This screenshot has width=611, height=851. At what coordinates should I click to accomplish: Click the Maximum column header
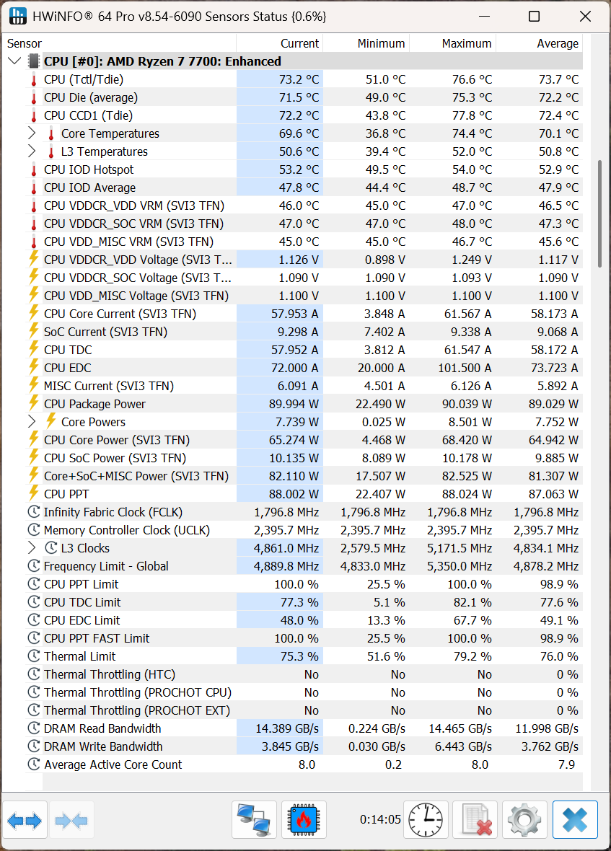(467, 43)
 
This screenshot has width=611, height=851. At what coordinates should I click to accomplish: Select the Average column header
(558, 43)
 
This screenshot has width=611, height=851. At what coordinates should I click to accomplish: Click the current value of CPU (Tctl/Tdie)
(299, 79)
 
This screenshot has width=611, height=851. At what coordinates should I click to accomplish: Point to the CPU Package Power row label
(94, 404)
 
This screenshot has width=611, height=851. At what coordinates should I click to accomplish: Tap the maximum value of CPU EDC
(465, 368)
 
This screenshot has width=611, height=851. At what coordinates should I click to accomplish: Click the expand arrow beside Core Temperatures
(32, 133)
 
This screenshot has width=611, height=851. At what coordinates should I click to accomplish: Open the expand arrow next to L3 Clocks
(32, 547)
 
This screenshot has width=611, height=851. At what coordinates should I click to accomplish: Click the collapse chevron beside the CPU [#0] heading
(15, 61)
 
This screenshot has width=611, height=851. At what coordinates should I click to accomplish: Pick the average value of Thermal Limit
(559, 656)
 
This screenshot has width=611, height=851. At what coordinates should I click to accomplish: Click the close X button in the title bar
(585, 17)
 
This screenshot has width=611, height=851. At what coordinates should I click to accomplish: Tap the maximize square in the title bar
(534, 17)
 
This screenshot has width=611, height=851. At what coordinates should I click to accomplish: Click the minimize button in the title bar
(484, 17)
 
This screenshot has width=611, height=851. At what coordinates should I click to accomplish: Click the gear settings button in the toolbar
(524, 819)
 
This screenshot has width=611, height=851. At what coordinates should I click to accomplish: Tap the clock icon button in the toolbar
(426, 819)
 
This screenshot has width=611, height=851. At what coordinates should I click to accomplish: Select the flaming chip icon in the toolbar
(304, 819)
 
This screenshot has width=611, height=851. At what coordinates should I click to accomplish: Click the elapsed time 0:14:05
(380, 819)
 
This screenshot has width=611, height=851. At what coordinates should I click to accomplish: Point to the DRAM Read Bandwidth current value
(287, 728)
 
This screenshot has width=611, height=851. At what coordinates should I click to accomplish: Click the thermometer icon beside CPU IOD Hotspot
(34, 170)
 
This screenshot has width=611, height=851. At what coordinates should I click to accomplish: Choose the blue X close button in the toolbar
(575, 819)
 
